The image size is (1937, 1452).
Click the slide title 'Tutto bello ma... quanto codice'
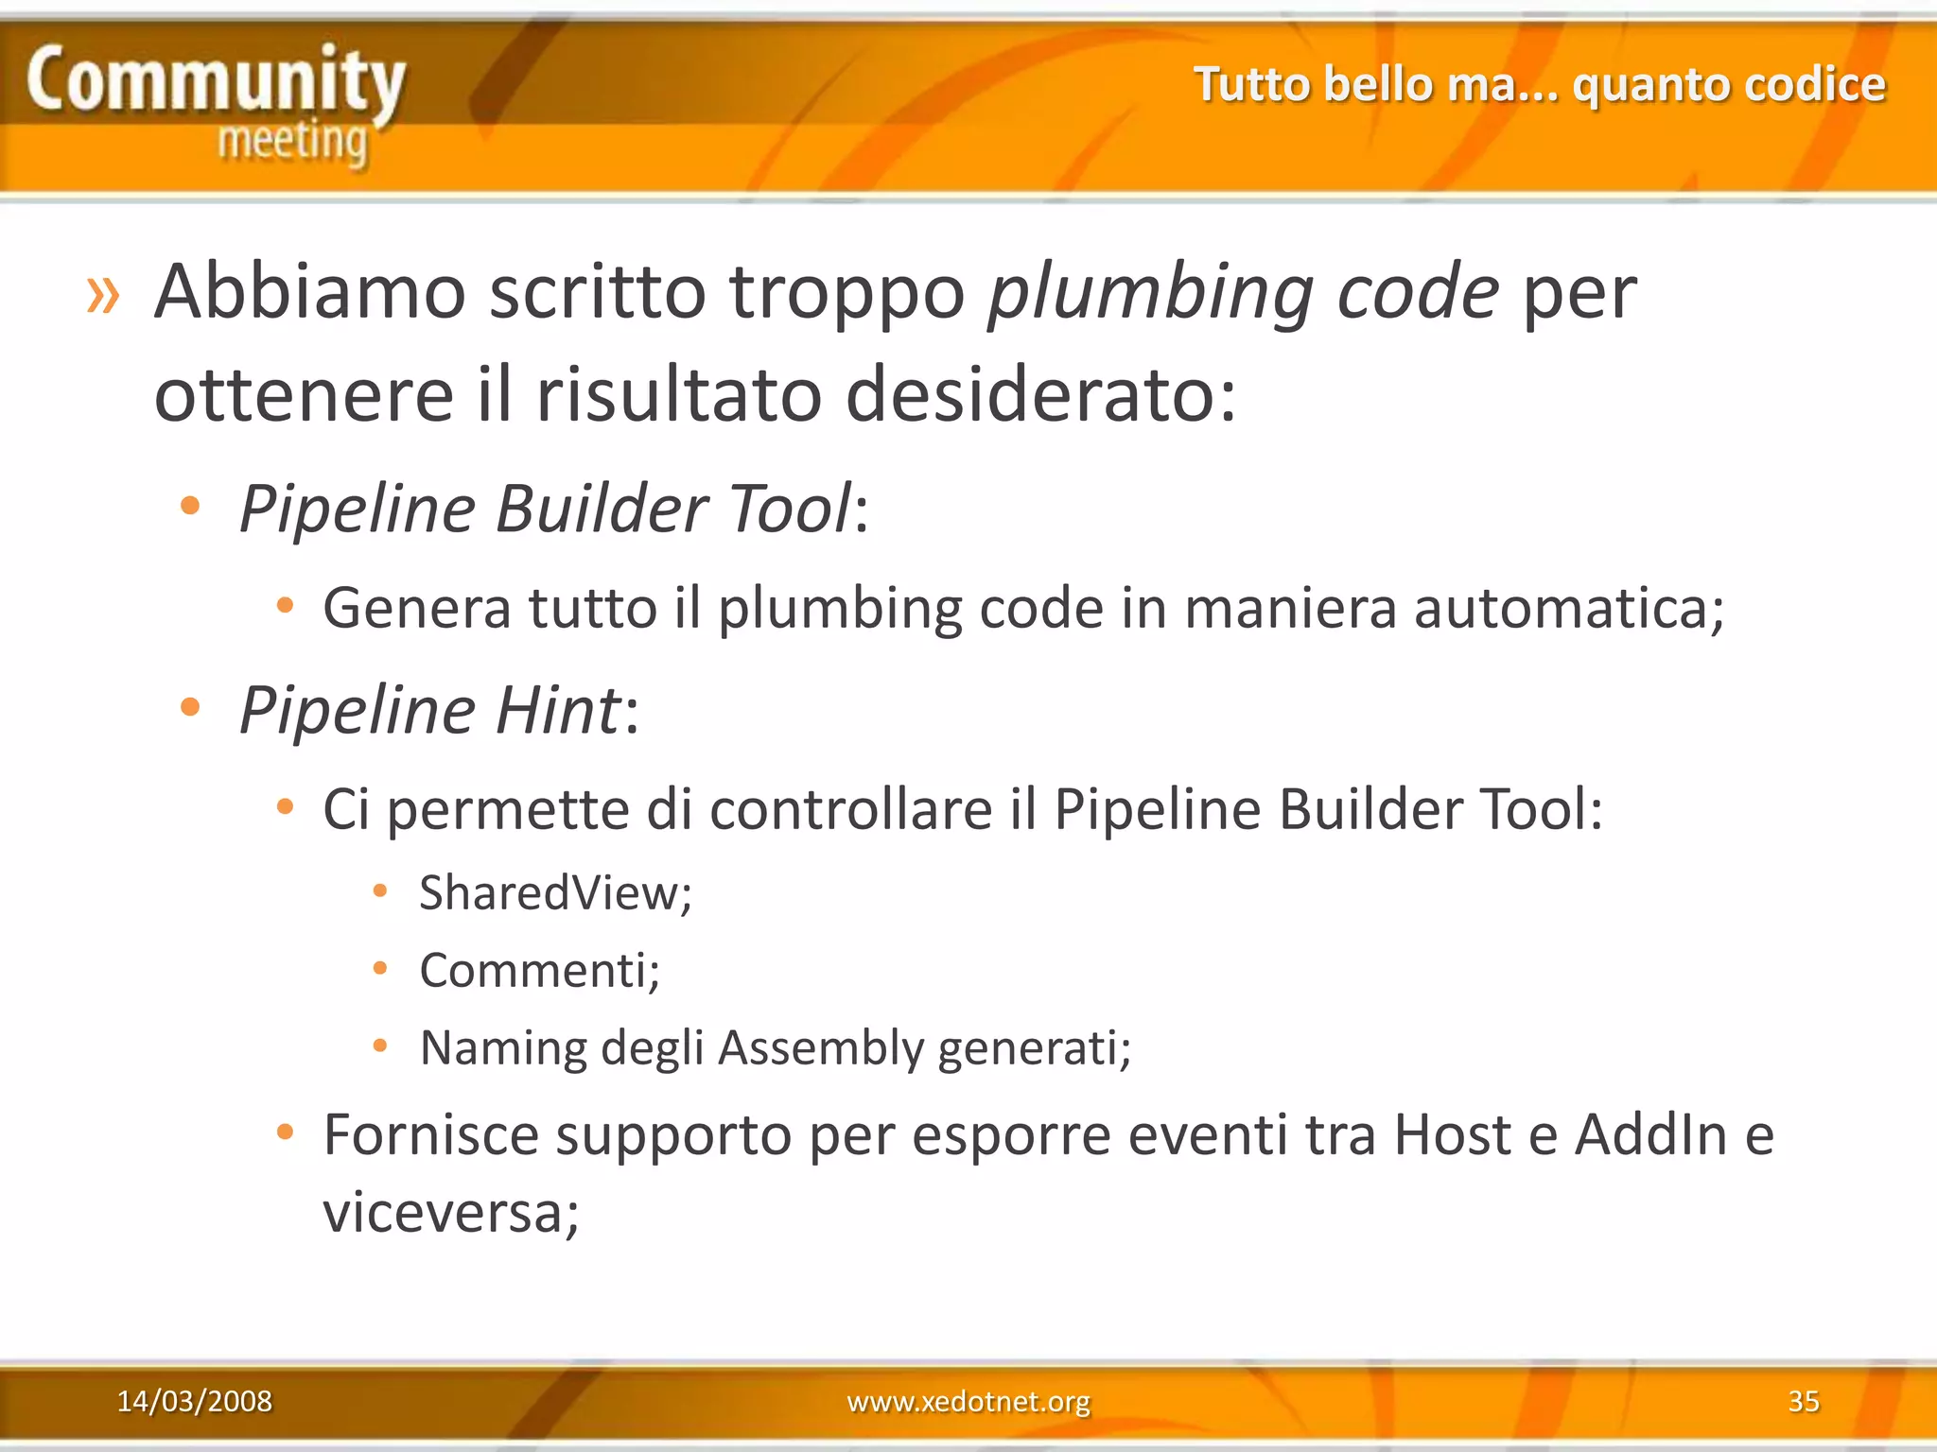[x=1539, y=85]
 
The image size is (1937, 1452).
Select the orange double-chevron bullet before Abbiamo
[x=103, y=295]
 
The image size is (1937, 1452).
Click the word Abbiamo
[x=310, y=292]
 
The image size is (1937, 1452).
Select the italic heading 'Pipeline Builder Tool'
[x=546, y=509]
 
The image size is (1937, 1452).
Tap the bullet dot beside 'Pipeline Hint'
[x=190, y=706]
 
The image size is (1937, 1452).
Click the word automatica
[x=1568, y=608]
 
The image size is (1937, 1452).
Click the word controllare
[x=850, y=810]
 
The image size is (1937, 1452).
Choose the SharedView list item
[x=555, y=893]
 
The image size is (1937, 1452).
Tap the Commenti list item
[x=539, y=971]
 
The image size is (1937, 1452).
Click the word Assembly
[x=820, y=1048]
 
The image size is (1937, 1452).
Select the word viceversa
[x=450, y=1213]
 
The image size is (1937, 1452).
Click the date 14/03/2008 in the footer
[x=194, y=1401]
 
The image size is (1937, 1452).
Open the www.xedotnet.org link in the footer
[x=968, y=1401]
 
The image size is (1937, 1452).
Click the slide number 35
[x=1803, y=1401]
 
